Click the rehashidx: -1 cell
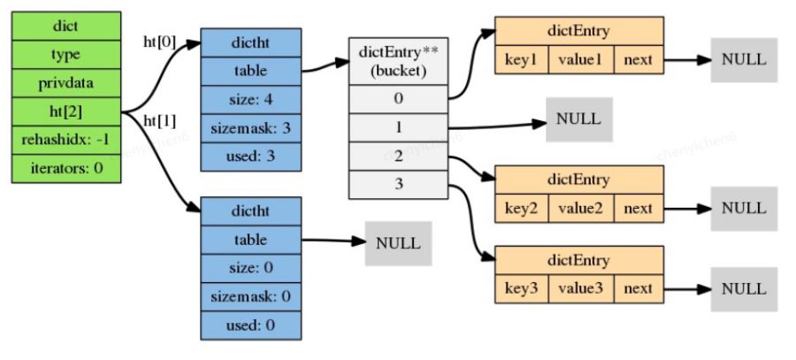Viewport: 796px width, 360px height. pos(66,140)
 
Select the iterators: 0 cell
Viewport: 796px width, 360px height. pos(66,168)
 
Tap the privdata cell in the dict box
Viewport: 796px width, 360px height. pos(66,83)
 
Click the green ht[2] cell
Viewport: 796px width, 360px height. pos(66,111)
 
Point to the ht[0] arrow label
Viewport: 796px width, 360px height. pos(159,43)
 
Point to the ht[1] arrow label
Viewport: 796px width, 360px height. pos(159,122)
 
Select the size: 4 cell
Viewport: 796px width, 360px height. pos(251,100)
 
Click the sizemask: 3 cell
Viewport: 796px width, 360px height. pos(251,128)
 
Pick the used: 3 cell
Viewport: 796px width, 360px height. pos(251,157)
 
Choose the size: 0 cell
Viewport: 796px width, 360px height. pos(251,268)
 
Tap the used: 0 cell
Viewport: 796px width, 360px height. pos(251,325)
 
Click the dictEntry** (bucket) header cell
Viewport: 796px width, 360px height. pos(399,61)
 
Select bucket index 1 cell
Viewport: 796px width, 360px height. pos(399,127)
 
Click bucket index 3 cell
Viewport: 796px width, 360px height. pos(399,184)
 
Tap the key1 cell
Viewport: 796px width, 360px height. pos(521,60)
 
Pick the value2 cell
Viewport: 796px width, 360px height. pos(581,208)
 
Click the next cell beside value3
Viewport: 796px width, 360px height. pos(639,289)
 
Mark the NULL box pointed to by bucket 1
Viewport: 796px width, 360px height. pos(579,119)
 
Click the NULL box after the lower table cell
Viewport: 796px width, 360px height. pos(399,243)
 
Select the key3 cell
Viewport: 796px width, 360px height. pos(521,289)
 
